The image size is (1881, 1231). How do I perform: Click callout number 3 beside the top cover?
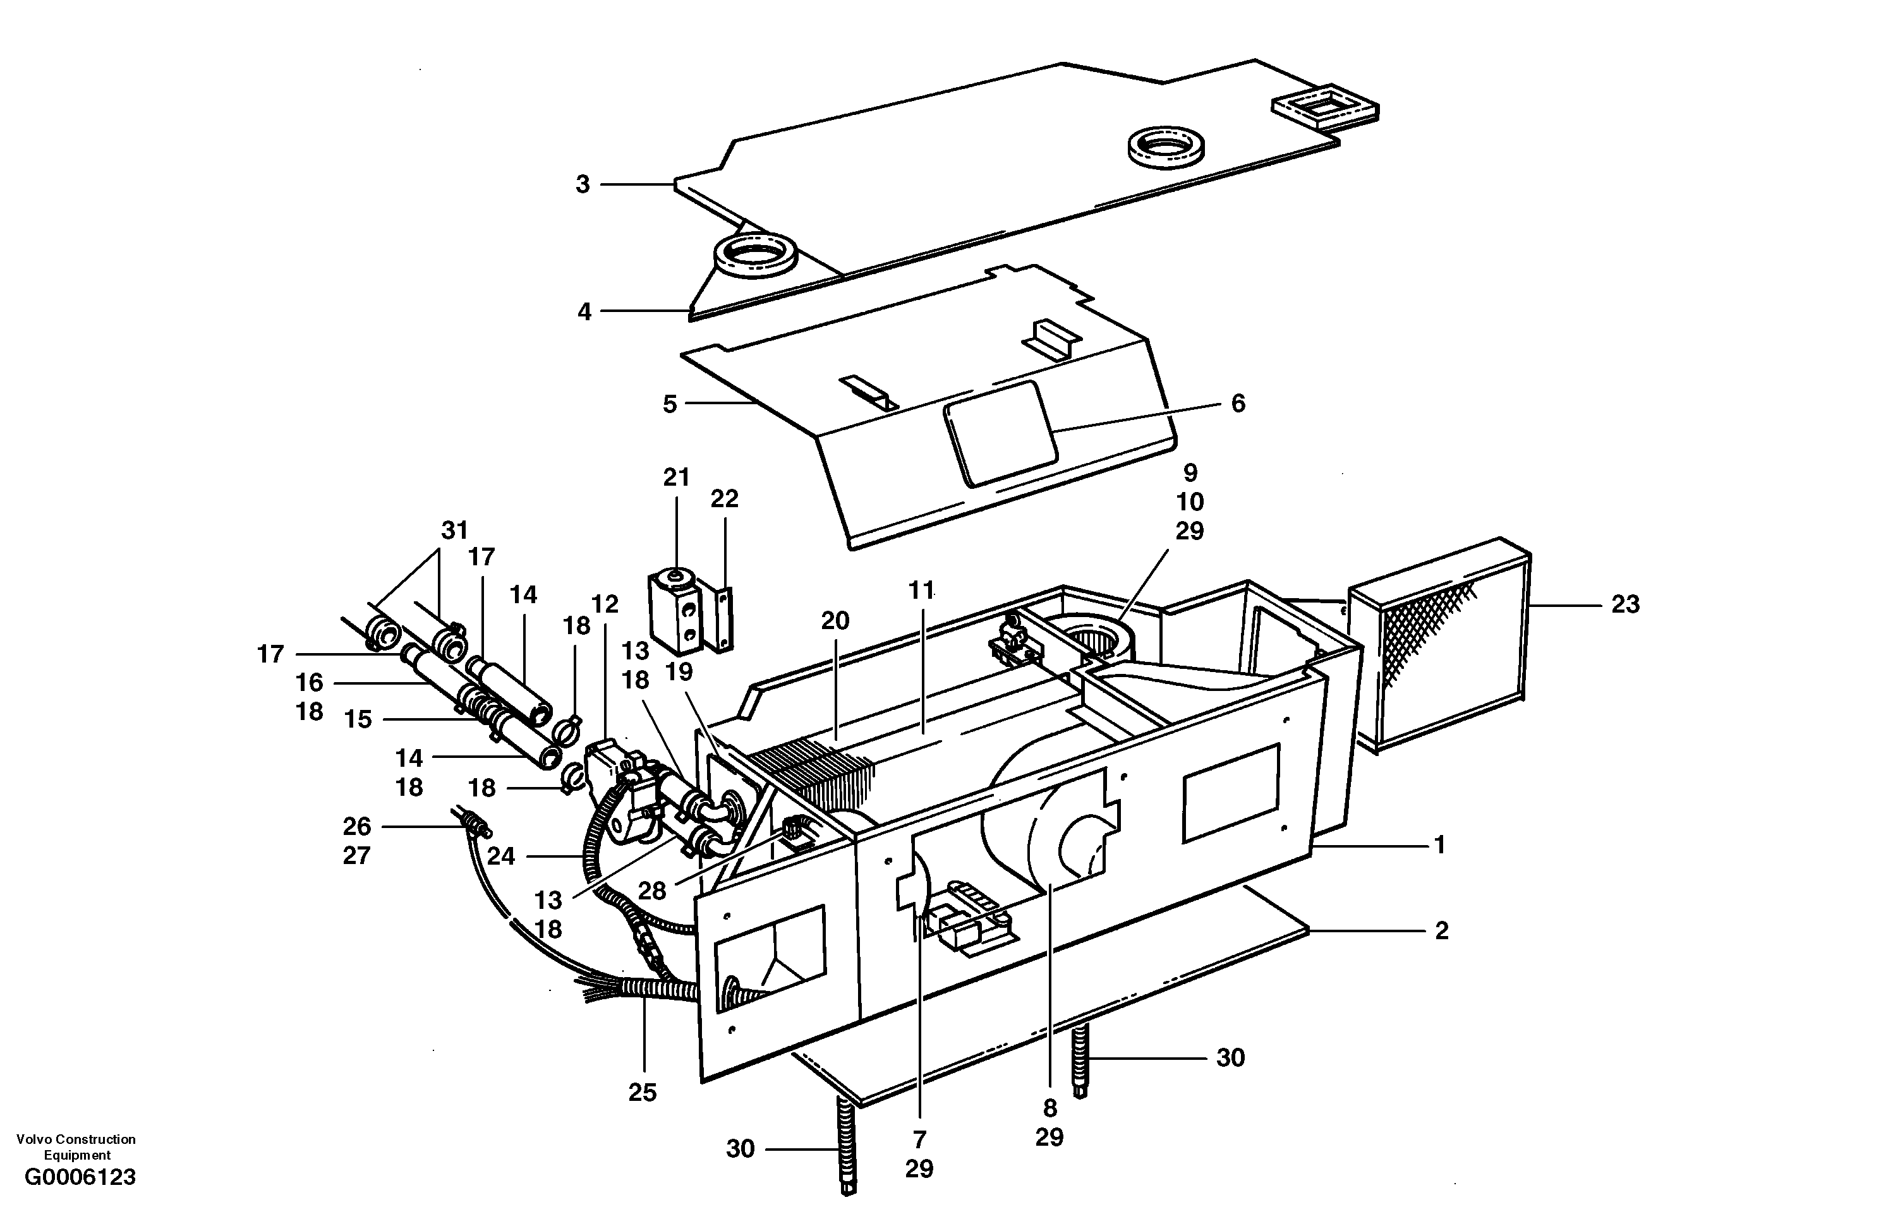(583, 184)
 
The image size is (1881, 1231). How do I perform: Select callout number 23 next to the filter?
(1625, 604)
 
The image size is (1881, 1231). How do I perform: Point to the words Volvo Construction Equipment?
(76, 1146)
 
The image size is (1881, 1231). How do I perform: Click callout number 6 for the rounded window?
(1238, 404)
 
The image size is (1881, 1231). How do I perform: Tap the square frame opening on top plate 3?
(1324, 107)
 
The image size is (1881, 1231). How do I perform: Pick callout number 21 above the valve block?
(677, 477)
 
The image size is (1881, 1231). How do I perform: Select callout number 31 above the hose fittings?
(454, 529)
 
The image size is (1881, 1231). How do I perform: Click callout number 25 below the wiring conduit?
(643, 1092)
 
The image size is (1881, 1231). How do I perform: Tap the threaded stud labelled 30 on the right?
(1080, 1059)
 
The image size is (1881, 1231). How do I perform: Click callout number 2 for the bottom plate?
(1442, 931)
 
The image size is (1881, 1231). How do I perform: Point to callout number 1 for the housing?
(1439, 846)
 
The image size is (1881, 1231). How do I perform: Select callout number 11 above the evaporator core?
(921, 590)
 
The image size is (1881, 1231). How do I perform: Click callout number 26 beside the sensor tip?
(356, 827)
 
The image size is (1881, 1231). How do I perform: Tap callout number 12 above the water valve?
(605, 604)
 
